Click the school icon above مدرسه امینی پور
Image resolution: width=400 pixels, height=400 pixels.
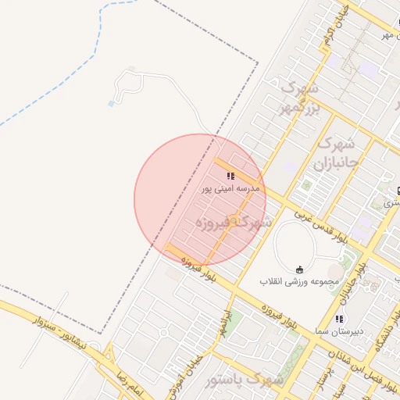pyautogui.click(x=230, y=177)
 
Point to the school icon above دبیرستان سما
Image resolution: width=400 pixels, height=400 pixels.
pyautogui.click(x=339, y=319)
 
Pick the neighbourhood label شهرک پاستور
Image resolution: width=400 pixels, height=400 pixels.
pyautogui.click(x=241, y=380)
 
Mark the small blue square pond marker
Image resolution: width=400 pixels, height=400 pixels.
pyautogui.click(x=112, y=102)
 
